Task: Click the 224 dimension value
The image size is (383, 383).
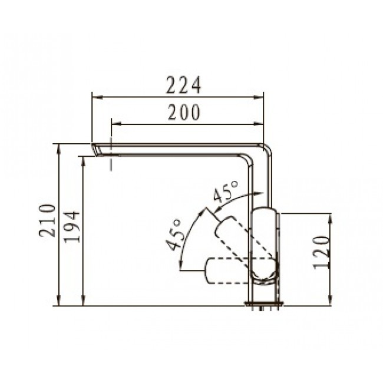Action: point(183,85)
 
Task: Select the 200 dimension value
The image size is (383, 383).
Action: point(184,113)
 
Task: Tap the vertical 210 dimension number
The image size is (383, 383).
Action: point(47,220)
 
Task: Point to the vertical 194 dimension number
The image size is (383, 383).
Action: point(72,227)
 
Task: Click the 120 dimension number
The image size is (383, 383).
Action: point(322,252)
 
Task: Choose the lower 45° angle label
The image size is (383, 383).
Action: point(174,235)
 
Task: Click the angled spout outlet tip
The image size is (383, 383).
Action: point(95,150)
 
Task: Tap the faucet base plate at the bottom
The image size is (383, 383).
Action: point(265,303)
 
